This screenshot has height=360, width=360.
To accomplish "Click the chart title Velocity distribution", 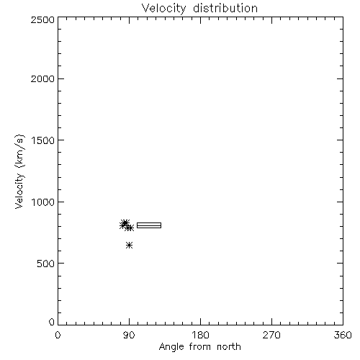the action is tap(199, 8).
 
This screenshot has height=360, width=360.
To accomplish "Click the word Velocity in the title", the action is tap(163, 9).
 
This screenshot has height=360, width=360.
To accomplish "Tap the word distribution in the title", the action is tap(225, 8).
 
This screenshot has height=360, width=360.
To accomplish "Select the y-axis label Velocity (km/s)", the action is tap(19, 171).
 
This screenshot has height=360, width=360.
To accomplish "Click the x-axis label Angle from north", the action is tap(199, 347).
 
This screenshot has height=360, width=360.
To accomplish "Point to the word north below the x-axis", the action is tap(229, 346).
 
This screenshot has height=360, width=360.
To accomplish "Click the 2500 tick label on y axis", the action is tap(42, 19).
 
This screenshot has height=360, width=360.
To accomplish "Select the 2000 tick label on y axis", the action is tap(42, 78).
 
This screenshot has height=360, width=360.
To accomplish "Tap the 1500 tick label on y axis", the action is tap(43, 140).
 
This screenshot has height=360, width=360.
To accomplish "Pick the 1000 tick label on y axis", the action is tap(43, 202).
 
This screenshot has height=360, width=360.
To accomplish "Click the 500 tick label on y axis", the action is tap(46, 264).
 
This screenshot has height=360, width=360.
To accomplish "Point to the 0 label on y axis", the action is tap(52, 322).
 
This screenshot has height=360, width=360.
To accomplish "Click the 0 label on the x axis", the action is tap(58, 335).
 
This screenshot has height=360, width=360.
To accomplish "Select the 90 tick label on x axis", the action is tap(129, 335).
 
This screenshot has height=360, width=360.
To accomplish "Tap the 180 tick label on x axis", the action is tap(199, 335).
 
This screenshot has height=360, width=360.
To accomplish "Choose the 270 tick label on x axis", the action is tap(271, 335).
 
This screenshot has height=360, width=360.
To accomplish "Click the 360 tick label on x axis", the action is tap(343, 335).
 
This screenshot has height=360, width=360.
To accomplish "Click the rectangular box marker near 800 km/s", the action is tap(149, 223).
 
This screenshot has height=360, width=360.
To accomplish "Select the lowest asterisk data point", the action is tap(130, 246).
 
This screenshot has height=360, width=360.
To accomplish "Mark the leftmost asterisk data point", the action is tap(122, 226).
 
